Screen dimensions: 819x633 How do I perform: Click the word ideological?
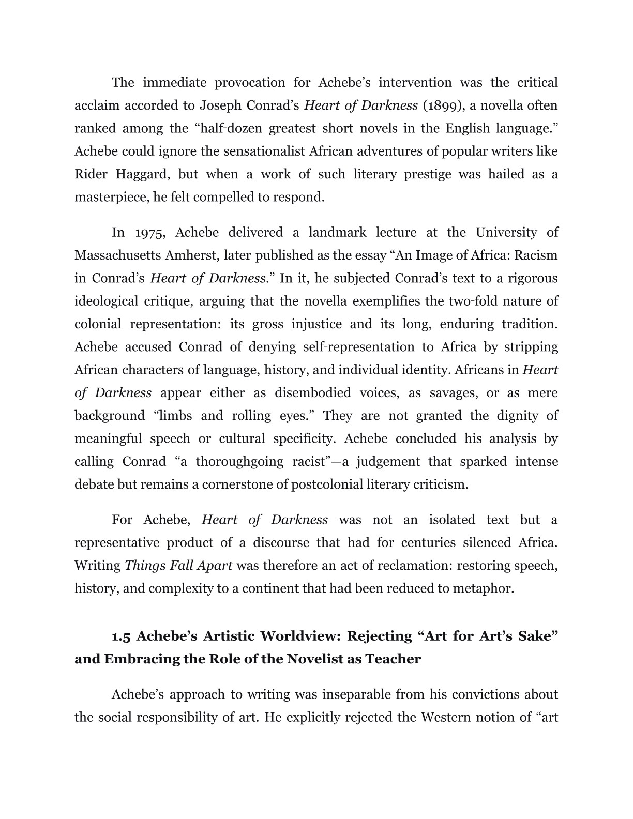(106, 301)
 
